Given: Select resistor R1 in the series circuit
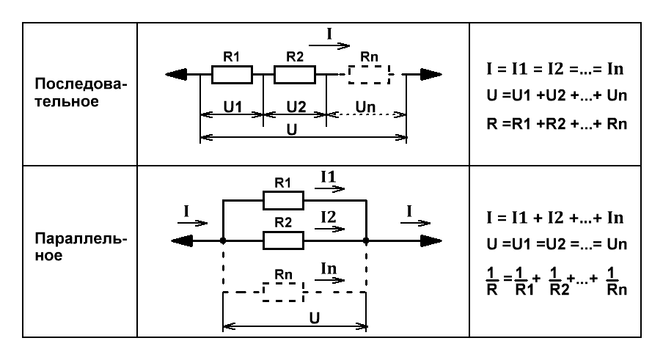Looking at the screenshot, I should tap(232, 74).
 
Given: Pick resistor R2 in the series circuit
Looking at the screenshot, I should tap(295, 74).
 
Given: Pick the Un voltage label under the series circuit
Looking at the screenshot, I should tap(365, 106).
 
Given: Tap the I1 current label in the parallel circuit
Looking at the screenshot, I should tap(329, 178).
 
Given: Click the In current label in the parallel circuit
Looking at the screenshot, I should tap(329, 271).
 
